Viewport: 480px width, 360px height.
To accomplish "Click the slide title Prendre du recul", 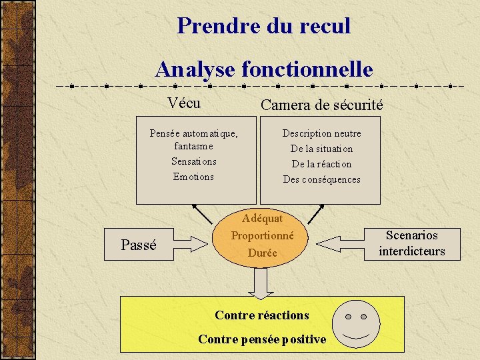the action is tap(264, 26).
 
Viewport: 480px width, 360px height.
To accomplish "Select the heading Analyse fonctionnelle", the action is tap(264, 69).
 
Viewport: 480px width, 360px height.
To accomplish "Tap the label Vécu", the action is tap(185, 103).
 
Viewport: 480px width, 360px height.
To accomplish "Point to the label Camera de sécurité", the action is tap(321, 105).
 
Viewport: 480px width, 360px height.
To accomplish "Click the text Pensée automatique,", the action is tap(193, 133).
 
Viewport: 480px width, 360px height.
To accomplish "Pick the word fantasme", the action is tap(193, 146).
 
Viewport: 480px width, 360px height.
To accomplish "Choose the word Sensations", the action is tap(193, 161).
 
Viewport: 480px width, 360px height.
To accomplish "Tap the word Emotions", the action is tap(193, 177).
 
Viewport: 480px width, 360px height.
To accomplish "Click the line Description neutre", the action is tap(321, 133).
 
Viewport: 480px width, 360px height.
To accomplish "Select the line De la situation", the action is tap(321, 149).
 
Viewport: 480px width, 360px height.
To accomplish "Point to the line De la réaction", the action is tap(321, 164).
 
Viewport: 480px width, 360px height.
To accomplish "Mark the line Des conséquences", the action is tap(321, 179).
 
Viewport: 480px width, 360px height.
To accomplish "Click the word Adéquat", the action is tap(263, 218).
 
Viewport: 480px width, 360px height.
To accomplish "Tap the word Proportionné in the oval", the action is tap(263, 235).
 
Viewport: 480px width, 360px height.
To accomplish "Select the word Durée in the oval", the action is tap(263, 253).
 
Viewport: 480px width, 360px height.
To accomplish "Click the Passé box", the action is tap(139, 245).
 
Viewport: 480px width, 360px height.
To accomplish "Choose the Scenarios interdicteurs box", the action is tap(411, 243).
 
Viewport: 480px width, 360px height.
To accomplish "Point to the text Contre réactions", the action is tap(262, 315).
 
